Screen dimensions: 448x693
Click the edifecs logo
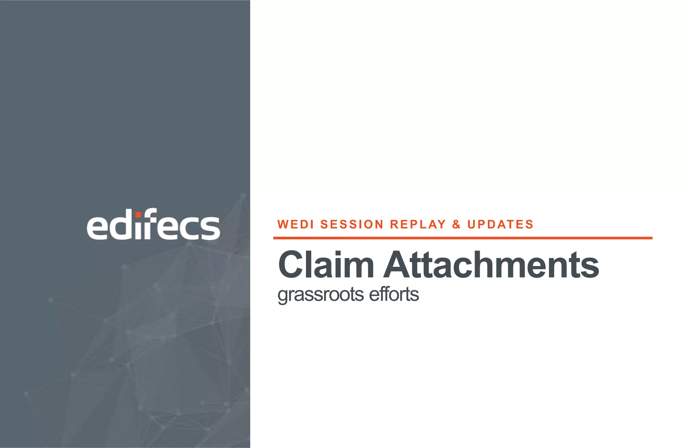coord(153,225)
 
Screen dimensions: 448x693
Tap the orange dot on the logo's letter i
coord(138,215)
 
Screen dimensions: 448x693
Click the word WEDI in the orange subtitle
coord(295,224)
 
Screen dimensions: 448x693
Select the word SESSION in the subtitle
coord(352,224)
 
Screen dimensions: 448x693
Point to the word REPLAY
coord(418,224)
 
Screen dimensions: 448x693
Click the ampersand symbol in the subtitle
coord(456,224)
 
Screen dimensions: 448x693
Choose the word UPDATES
coord(500,224)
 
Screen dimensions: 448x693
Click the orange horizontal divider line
coord(463,238)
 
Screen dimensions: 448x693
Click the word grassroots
coord(320,294)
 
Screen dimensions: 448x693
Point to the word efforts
coord(394,294)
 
